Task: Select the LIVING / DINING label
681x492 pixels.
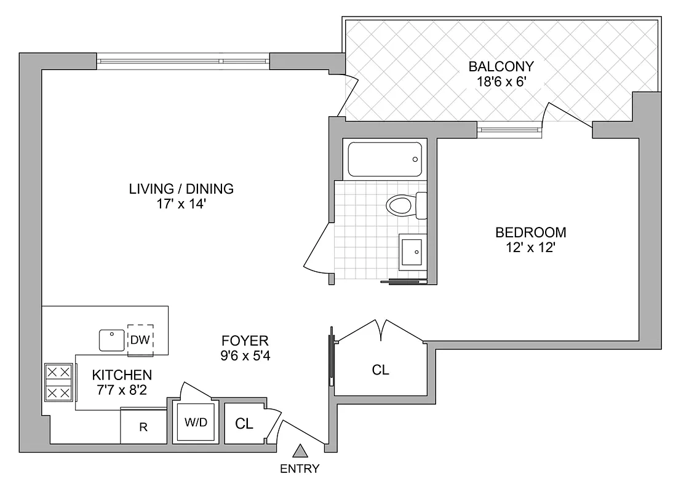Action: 181,189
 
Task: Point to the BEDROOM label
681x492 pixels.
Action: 530,232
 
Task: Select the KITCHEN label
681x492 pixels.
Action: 122,375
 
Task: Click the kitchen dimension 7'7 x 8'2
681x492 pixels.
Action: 122,389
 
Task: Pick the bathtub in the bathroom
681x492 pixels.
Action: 385,159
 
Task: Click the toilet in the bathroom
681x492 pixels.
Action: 406,205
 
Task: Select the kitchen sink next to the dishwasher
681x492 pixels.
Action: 112,339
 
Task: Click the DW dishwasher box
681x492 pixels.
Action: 140,339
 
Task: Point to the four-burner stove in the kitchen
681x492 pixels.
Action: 58,382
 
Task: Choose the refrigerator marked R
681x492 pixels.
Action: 143,427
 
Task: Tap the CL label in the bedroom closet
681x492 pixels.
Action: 380,370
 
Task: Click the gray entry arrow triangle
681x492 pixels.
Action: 300,451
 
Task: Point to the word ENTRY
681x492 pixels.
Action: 300,469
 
